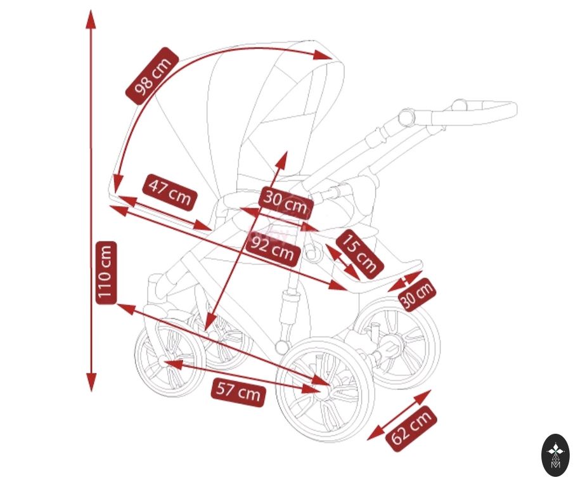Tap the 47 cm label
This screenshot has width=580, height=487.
coord(170,192)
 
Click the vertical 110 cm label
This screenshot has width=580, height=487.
coord(105,273)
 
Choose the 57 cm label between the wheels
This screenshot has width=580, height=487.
coord(238,391)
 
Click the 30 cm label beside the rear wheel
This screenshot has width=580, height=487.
coord(417,294)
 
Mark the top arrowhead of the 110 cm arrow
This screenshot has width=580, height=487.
coord(91,19)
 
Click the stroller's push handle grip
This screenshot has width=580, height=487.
coord(488,108)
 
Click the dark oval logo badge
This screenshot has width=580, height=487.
coord(555,455)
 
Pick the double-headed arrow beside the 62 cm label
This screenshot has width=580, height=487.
coord(399,415)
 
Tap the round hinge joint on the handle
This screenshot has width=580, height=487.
coord(405,117)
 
